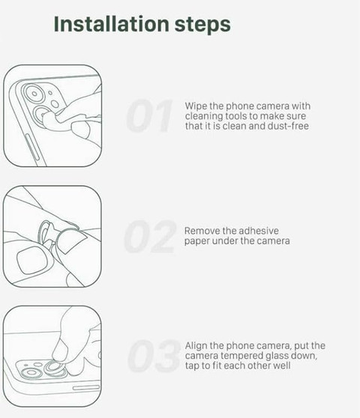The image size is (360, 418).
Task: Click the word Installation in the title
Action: point(111,24)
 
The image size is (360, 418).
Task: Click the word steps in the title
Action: point(202,25)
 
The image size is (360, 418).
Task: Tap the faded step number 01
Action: point(149,115)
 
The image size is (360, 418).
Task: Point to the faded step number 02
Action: point(150,237)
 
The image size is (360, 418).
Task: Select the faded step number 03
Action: point(154,356)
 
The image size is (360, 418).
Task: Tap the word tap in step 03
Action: point(192,366)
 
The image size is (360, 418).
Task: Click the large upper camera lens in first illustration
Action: point(34,94)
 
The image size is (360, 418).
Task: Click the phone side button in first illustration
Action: point(32,148)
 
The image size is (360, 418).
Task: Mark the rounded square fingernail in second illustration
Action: point(31,260)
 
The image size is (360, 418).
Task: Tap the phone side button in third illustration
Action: point(86,387)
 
